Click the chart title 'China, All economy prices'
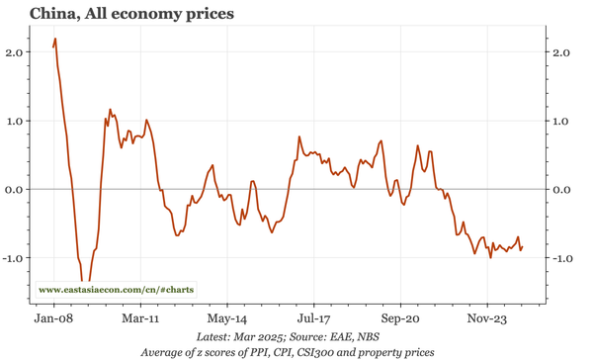click(132, 14)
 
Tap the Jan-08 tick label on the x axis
click(53, 319)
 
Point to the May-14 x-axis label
click(227, 319)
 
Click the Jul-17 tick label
click(313, 319)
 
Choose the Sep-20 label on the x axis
click(400, 319)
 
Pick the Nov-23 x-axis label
click(487, 319)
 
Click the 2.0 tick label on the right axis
click(562, 52)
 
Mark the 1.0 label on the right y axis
click(562, 121)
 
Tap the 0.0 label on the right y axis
click(562, 189)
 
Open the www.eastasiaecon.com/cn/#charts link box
click(117, 290)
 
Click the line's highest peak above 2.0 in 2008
click(55, 40)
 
